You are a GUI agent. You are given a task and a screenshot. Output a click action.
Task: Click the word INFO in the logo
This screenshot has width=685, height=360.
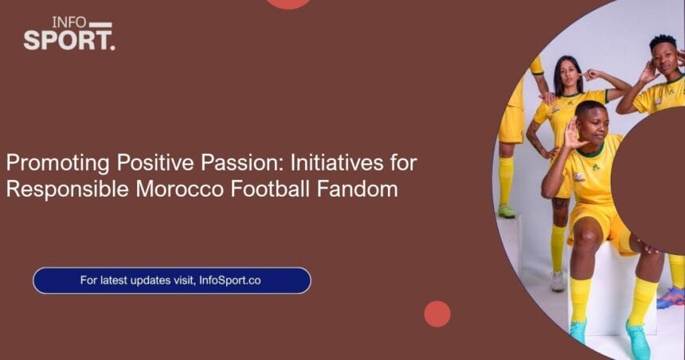click(x=69, y=22)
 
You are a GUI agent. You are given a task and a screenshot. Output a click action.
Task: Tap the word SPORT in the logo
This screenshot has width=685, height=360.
click(x=67, y=40)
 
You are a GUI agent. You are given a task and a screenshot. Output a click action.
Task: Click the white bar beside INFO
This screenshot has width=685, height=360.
click(x=100, y=25)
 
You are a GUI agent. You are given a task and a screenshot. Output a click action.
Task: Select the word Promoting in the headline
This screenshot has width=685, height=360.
click(x=57, y=163)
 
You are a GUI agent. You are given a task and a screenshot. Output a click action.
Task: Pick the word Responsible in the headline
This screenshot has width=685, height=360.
click(x=68, y=190)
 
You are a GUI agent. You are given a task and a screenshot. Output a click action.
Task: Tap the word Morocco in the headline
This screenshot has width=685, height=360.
click(x=180, y=190)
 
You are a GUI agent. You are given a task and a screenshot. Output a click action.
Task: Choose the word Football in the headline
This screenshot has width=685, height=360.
click(x=271, y=190)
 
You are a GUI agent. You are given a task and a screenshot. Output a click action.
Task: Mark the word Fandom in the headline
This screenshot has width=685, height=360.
click(x=358, y=190)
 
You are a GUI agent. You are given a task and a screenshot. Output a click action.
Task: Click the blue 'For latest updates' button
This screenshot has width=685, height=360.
click(x=172, y=280)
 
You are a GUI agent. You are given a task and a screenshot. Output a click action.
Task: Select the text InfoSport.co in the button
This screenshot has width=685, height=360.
click(x=229, y=280)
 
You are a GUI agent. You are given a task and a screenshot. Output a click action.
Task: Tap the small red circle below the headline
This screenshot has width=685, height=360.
click(x=436, y=314)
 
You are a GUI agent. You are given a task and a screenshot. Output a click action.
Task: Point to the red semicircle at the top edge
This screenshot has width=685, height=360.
click(x=288, y=3)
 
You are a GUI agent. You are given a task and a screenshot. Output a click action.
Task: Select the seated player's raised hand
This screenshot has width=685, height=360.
click(x=572, y=133)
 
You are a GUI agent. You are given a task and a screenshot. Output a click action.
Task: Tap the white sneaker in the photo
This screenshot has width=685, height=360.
click(x=557, y=281)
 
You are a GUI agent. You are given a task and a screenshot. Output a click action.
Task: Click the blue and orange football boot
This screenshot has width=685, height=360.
click(x=672, y=298)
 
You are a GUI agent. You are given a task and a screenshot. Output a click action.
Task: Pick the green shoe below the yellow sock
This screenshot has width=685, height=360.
click(x=507, y=211)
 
